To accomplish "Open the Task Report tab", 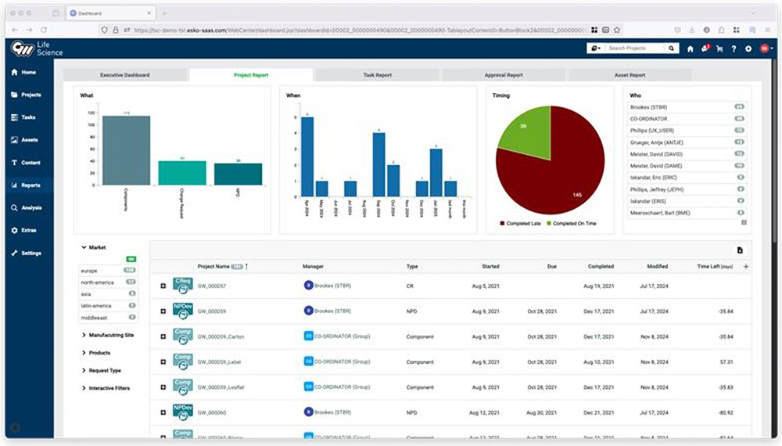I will pos(378,75).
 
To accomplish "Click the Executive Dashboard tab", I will pos(125,75).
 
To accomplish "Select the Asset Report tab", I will pos(630,75).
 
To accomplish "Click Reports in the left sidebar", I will pos(31,185).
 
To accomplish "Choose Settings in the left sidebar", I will pos(31,254).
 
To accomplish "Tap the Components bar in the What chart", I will pos(126,150).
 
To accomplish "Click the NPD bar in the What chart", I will pos(239,174).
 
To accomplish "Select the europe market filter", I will pos(89,271).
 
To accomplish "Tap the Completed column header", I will pos(601,267).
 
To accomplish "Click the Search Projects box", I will pos(635,49).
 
